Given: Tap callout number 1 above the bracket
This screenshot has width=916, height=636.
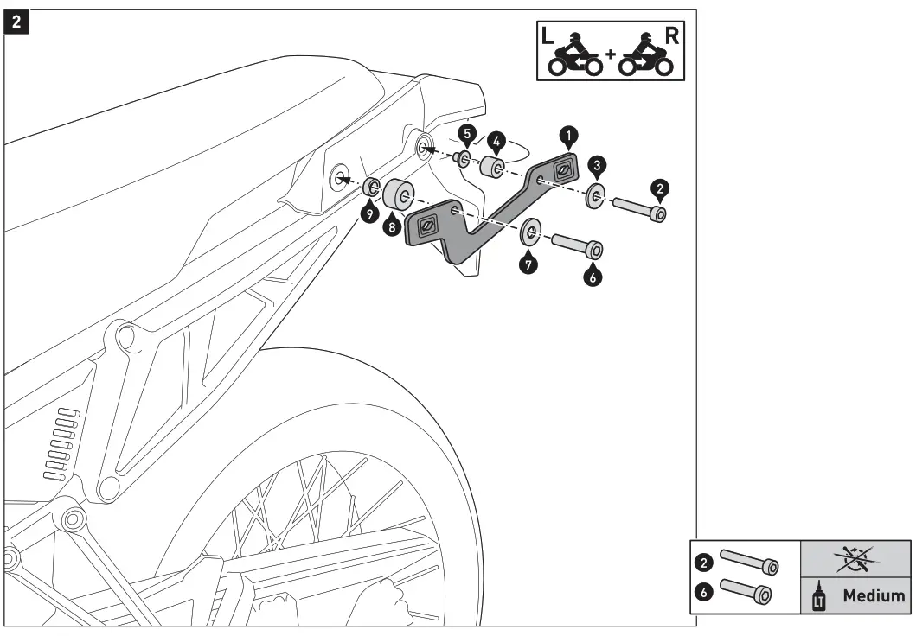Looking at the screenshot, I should (567, 135).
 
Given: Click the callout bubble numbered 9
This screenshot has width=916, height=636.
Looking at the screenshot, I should (370, 213).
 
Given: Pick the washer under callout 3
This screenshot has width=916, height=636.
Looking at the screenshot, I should (595, 195).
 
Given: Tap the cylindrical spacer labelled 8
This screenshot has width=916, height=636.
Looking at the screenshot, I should (400, 194).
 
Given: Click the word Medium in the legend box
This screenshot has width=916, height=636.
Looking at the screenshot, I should (874, 595).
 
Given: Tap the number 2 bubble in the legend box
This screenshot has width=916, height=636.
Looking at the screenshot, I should (705, 562).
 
